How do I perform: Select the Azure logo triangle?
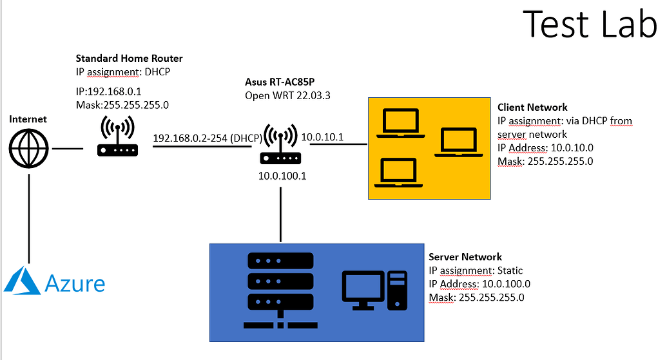point(23,282)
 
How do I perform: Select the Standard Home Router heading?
point(129,58)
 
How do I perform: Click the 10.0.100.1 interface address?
point(282,175)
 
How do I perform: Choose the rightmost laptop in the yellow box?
point(458,142)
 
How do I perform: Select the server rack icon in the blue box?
point(279,289)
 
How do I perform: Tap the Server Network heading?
point(465,258)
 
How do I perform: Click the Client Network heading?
point(532,107)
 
